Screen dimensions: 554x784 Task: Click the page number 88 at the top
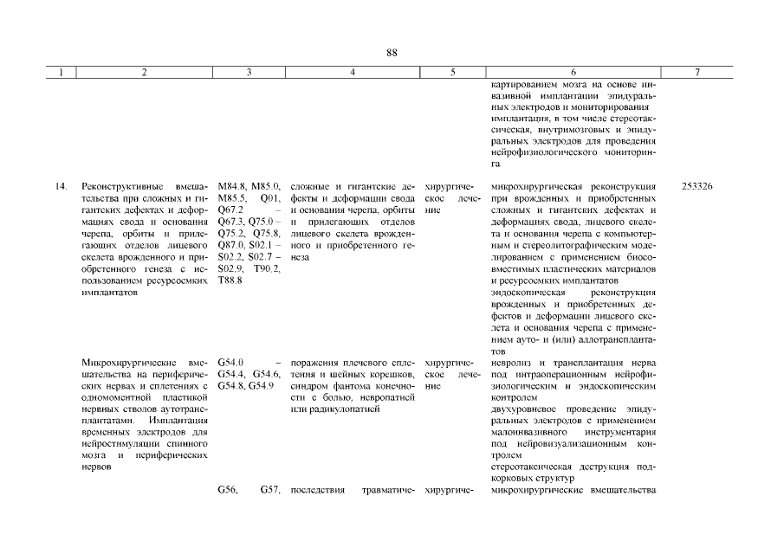[x=392, y=54]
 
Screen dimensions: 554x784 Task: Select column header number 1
[x=62, y=74]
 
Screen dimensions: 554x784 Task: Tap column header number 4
[x=352, y=74]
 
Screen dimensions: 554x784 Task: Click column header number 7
[x=697, y=74]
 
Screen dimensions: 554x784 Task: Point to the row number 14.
[x=62, y=186]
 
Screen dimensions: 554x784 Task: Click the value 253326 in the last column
[x=697, y=186]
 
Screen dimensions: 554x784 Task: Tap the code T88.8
[x=230, y=281]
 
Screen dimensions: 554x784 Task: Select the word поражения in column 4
[x=314, y=362]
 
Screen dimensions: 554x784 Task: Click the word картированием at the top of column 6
[x=522, y=84]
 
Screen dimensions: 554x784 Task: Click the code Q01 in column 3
[x=268, y=198]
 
